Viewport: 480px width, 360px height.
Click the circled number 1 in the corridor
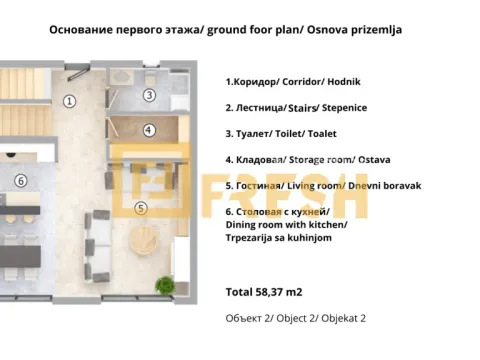pyautogui.click(x=69, y=100)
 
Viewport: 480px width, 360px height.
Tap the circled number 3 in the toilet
pyautogui.click(x=148, y=95)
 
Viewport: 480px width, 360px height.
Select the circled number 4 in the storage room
pyautogui.click(x=148, y=130)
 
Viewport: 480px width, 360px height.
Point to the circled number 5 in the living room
pyautogui.click(x=140, y=208)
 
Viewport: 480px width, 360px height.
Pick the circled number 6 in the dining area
pyautogui.click(x=19, y=181)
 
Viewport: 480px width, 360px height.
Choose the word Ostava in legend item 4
pyautogui.click(x=389, y=159)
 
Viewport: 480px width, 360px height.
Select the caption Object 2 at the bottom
pyautogui.click(x=297, y=317)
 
